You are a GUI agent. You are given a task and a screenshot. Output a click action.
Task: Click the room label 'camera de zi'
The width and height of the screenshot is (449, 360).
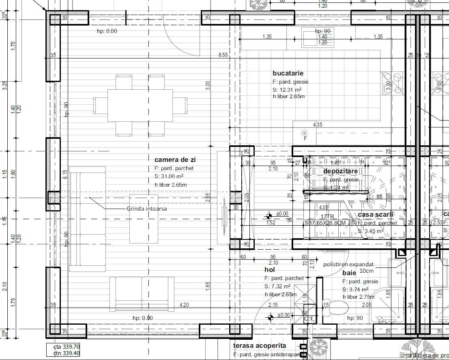coord(175,160)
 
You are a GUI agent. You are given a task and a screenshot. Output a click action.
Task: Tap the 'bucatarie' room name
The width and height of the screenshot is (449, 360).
coord(288,73)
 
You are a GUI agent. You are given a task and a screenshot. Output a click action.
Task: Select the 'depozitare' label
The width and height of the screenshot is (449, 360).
coord(341,171)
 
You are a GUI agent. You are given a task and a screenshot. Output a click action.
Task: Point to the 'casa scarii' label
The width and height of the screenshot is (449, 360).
coord(375,215)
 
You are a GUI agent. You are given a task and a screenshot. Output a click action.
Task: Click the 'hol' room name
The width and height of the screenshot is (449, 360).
coord(270,269)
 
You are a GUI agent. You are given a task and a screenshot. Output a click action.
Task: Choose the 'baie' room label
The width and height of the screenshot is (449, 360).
coord(350,273)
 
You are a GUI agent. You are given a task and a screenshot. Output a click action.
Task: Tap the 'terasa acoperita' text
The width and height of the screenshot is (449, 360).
coord(260,345)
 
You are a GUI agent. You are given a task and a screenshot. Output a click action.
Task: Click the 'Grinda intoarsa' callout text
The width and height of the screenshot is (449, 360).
coord(146,209)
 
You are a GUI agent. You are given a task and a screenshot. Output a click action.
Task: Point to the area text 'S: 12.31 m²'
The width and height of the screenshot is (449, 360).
coord(287,89)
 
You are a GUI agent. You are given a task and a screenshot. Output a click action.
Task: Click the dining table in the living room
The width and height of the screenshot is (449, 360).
coord(140,105)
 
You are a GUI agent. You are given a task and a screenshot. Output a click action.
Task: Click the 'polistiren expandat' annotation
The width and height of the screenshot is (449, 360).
coord(348,264)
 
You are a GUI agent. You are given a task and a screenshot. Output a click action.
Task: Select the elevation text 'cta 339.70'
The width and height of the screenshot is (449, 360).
coord(67,347)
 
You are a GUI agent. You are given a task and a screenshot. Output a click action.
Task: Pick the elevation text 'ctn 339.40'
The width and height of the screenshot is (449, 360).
coord(67,354)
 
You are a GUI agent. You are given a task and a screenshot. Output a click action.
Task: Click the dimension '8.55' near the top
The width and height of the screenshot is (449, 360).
coord(223,54)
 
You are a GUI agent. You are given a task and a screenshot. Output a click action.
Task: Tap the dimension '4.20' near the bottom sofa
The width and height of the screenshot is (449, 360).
coord(184,305)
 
